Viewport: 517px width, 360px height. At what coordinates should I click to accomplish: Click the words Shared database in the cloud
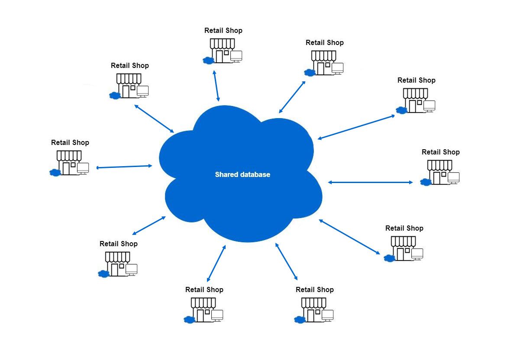pos(242,175)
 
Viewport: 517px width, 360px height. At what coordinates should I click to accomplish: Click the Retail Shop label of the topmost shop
pos(223,31)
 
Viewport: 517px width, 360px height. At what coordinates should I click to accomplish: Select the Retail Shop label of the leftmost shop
pos(70,142)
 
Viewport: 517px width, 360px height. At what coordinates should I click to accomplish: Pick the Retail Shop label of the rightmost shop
pos(441,152)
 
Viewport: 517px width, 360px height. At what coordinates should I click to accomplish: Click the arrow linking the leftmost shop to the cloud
pos(124,167)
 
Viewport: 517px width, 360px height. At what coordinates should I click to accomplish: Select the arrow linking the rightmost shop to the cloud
pos(371,182)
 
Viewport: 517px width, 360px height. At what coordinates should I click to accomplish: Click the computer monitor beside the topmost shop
pos(236,56)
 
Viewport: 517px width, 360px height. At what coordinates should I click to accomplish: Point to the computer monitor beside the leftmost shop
pos(83,167)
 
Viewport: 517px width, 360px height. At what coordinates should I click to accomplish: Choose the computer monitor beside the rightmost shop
pos(454,177)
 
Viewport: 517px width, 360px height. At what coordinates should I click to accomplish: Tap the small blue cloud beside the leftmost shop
pos(55,172)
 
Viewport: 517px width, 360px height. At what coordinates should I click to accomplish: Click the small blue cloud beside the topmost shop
pos(208,61)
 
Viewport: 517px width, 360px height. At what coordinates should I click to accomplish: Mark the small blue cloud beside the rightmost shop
pos(426,182)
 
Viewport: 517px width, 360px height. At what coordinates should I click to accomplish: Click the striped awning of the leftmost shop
pos(69,155)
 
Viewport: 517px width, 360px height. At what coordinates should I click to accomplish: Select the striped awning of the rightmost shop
pos(440,165)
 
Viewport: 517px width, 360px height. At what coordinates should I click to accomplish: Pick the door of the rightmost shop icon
pos(436,178)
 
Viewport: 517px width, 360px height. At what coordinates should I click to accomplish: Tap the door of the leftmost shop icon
pos(66,169)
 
